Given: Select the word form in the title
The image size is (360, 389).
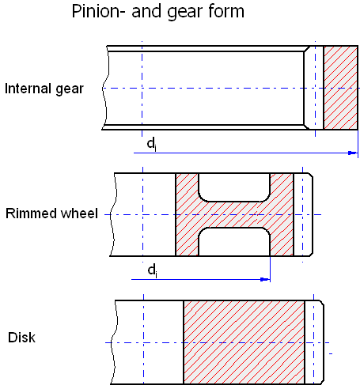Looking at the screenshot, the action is [x=226, y=11].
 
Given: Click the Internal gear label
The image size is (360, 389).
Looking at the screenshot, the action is [x=44, y=89].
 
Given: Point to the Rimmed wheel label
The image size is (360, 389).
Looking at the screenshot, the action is [x=51, y=213].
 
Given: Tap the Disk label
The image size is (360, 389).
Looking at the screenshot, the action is [x=21, y=338].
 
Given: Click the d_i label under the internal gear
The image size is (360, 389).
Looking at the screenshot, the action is [x=152, y=145].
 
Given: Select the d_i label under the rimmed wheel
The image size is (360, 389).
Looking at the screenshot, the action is [x=153, y=270].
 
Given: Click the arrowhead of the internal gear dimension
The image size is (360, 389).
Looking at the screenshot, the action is [x=352, y=153].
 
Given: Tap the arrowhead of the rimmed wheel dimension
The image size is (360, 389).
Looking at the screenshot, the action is [x=265, y=279].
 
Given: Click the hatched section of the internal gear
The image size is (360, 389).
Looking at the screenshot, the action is [x=340, y=88].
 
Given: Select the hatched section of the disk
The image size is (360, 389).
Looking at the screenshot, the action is [x=244, y=342].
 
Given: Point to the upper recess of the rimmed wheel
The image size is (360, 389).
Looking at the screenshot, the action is [x=234, y=187].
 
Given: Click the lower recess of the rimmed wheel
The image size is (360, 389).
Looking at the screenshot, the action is [x=234, y=242].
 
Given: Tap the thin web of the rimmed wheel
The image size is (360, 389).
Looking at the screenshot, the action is [x=234, y=215].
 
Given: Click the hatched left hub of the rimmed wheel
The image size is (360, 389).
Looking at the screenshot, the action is [x=187, y=214].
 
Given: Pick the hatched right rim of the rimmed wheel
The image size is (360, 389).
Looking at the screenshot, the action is [x=282, y=214].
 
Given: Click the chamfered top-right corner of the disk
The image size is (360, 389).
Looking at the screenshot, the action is [x=322, y=303].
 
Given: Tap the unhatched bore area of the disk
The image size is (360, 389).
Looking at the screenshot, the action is [x=149, y=342].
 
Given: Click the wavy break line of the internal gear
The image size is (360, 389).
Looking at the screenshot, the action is [x=105, y=88].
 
